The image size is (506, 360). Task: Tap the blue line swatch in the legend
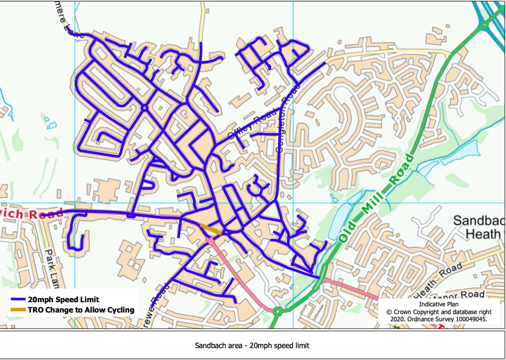[18, 299]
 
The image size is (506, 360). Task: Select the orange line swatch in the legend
[18, 310]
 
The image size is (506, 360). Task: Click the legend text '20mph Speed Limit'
[63, 299]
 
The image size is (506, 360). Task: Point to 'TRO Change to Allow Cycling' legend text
[81, 310]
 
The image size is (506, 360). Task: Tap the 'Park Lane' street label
[49, 268]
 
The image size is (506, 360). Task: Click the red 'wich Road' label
[31, 213]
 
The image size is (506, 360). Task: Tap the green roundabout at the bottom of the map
[278, 311]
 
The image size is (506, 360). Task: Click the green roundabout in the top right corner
[484, 24]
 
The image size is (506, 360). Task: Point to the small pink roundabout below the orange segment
[210, 240]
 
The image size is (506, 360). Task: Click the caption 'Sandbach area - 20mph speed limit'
[252, 345]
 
